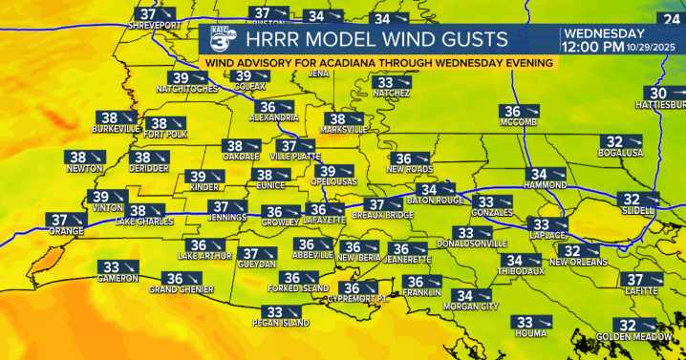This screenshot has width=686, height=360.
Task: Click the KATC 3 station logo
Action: [220, 40]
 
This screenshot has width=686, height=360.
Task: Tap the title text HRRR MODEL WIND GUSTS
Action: [375, 39]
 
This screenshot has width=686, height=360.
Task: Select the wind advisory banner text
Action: [378, 62]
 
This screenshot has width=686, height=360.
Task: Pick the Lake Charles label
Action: [144, 222]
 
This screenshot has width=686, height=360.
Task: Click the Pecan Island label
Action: [283, 324]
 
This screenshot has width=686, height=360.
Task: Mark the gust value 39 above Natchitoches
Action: [180, 77]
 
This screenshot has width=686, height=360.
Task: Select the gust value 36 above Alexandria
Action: [268, 107]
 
